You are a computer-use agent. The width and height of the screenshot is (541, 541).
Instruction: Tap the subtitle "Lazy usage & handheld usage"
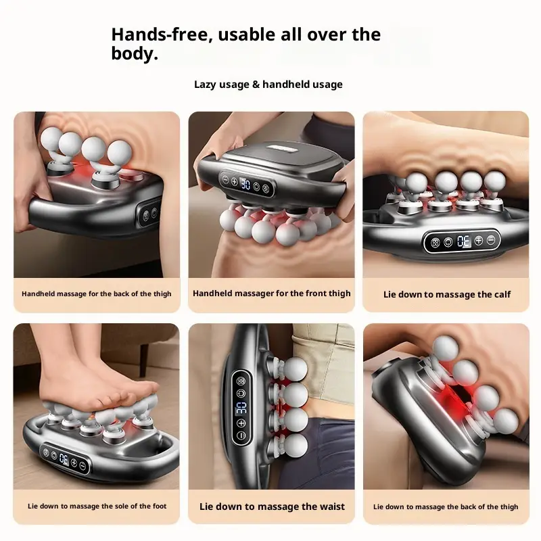click(268, 85)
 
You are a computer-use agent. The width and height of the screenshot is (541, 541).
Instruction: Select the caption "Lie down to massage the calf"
click(447, 294)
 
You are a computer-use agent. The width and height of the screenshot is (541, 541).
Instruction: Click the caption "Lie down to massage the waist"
click(272, 507)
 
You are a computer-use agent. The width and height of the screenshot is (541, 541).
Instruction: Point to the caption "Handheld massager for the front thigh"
click(272, 293)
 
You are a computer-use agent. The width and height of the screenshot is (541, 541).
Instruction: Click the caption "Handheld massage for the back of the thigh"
click(97, 294)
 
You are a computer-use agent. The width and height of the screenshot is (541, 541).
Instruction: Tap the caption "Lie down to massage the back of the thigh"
click(446, 507)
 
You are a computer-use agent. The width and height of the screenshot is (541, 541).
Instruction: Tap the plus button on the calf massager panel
click(478, 240)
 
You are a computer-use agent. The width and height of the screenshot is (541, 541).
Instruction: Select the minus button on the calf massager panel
click(491, 240)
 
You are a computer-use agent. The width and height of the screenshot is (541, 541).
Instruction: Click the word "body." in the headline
click(135, 53)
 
